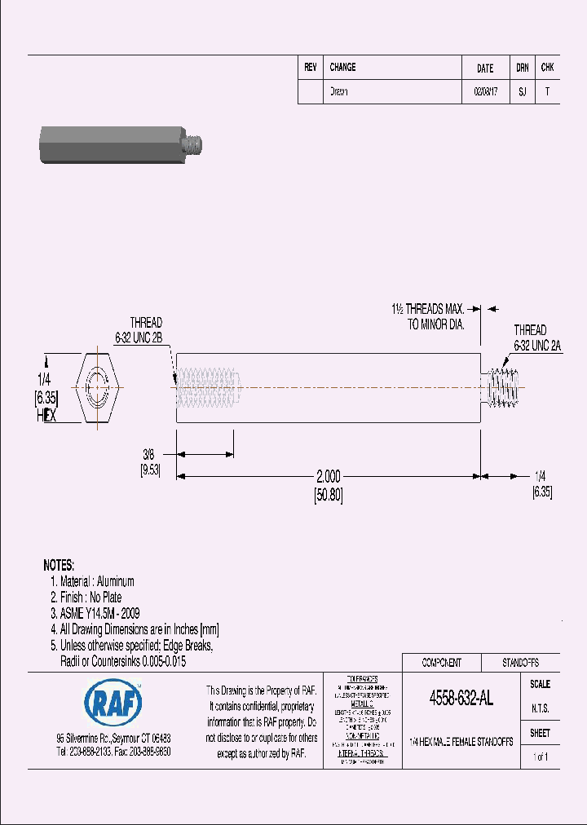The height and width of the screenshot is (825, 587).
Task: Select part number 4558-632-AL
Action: (461, 699)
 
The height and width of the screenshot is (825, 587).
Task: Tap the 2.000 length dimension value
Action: (328, 478)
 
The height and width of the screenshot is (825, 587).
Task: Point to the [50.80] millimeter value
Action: (328, 495)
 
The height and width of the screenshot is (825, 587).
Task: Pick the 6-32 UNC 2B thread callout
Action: (139, 336)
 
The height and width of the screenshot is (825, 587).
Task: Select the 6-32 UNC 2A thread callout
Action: (537, 345)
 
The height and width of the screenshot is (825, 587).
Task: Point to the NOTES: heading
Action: (59, 565)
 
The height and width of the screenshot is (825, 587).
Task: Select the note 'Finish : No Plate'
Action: (90, 598)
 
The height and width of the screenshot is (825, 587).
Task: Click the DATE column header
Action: (484, 68)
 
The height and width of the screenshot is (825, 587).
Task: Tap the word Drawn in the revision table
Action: (338, 92)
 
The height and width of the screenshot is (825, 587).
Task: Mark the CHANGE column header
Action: (342, 68)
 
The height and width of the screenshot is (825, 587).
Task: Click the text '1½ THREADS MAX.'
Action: (427, 310)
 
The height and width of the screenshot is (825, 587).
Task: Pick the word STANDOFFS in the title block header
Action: (520, 663)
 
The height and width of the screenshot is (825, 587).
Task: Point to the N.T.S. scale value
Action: (540, 708)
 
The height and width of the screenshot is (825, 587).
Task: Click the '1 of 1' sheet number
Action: (540, 757)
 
